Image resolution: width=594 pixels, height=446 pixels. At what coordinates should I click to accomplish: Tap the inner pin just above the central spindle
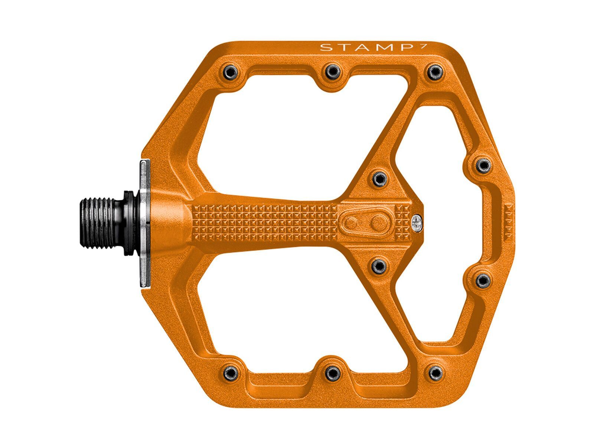379,179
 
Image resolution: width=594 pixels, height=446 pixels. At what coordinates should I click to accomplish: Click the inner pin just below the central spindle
379,266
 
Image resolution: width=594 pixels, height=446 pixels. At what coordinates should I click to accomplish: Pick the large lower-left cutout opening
290,316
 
